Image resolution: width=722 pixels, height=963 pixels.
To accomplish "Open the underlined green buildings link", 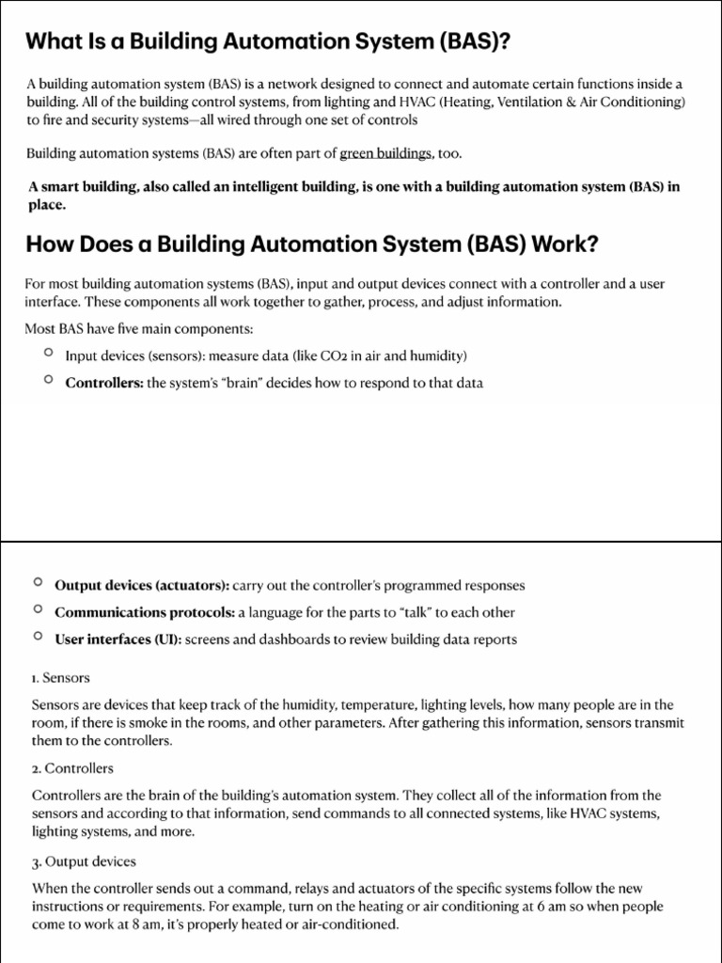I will (x=386, y=153).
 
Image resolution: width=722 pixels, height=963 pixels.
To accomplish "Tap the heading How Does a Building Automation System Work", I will (x=311, y=245).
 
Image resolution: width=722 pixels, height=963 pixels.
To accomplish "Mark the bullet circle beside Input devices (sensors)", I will (x=48, y=352).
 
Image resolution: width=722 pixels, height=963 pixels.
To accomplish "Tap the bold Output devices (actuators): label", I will (x=141, y=585).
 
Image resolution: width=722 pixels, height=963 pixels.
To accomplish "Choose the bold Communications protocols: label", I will (x=145, y=612).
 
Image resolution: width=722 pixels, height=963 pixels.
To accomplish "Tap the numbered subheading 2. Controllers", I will (x=72, y=768).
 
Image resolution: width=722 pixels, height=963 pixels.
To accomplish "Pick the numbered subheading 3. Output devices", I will (x=84, y=860).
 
